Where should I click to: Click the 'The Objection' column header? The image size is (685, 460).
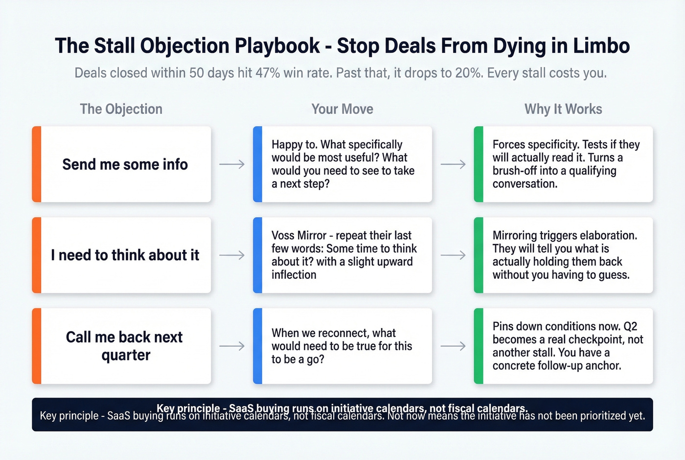tap(121, 109)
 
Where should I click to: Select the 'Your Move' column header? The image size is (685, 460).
tap(342, 109)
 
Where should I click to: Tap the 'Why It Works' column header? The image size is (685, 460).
tap(563, 109)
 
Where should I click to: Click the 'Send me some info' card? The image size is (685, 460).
tap(125, 164)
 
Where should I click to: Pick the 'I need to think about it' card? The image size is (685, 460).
tap(125, 255)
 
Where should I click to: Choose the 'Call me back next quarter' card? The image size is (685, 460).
tap(124, 346)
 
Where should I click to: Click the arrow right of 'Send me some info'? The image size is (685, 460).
tap(232, 165)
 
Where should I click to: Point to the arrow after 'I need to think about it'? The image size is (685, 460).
tap(232, 255)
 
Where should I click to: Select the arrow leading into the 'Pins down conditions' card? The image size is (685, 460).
tap(453, 346)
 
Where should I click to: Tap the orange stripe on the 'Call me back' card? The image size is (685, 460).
tap(37, 346)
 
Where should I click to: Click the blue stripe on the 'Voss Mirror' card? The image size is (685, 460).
tap(258, 255)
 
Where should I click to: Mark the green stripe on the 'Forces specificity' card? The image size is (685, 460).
tap(479, 164)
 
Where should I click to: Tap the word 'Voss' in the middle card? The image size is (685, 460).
tap(285, 236)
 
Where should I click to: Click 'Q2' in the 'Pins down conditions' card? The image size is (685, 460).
tap(630, 326)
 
